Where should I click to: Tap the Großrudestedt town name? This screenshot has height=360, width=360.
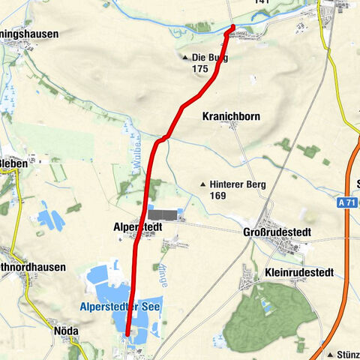pyautogui.click(x=277, y=232)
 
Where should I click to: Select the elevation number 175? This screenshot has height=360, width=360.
pyautogui.click(x=199, y=69)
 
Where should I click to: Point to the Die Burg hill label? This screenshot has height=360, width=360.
pyautogui.click(x=209, y=57)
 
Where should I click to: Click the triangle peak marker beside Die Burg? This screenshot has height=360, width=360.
pyautogui.click(x=185, y=57)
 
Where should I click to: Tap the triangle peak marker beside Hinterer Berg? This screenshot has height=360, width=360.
pyautogui.click(x=202, y=184)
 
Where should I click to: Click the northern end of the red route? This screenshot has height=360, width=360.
pyautogui.click(x=232, y=28)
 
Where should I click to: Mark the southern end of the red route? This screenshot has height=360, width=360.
pyautogui.click(x=127, y=334)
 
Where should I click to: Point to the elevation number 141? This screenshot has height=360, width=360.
pyautogui.click(x=261, y=2)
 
